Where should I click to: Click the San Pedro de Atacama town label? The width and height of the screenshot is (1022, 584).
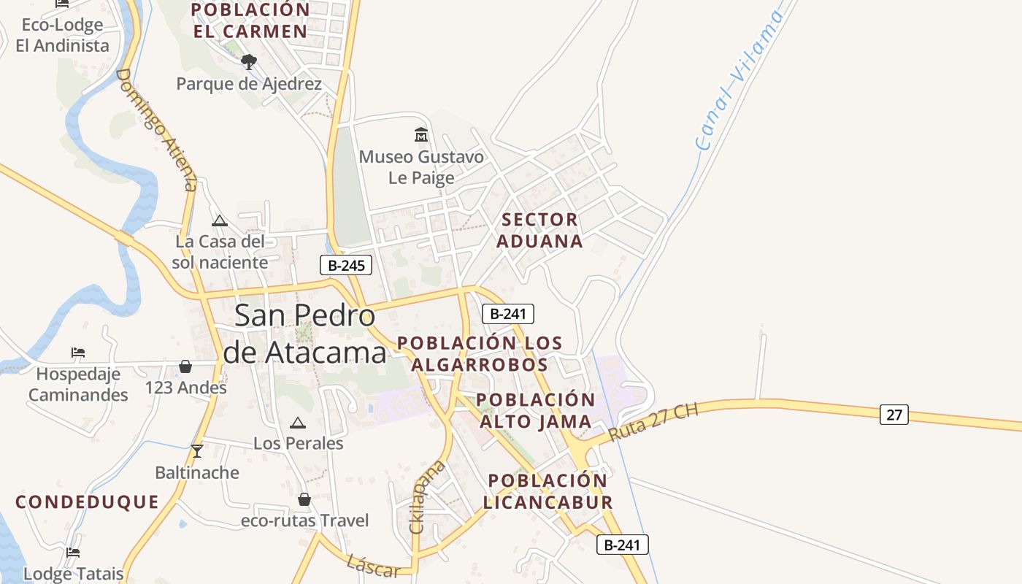[x=304, y=334]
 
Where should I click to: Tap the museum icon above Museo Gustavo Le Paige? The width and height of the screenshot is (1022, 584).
[x=421, y=135]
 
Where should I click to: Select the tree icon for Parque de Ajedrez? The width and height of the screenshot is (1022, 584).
[x=249, y=62]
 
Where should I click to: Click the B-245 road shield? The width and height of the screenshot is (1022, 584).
[x=346, y=265]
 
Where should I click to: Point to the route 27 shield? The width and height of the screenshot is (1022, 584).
[x=894, y=415]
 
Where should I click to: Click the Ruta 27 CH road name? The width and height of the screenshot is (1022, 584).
[x=653, y=422]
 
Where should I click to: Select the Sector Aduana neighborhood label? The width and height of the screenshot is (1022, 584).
[x=540, y=230]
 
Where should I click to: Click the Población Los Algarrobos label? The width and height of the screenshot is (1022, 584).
[x=480, y=353]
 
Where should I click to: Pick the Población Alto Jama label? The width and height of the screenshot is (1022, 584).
[x=536, y=410]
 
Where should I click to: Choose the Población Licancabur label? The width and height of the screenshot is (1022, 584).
[x=547, y=491]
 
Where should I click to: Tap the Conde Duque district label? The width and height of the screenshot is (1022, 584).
[x=87, y=502]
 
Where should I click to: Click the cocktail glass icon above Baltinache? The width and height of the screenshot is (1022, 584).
[x=196, y=450]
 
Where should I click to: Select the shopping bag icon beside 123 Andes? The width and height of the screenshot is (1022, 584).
[x=185, y=366]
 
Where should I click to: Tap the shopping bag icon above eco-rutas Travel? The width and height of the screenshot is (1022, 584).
[x=304, y=499]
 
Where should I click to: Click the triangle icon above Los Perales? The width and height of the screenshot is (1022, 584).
[x=298, y=423]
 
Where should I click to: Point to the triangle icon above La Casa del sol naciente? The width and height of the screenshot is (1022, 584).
[x=219, y=220]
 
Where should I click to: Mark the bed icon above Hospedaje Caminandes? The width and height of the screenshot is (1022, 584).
[x=78, y=353]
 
